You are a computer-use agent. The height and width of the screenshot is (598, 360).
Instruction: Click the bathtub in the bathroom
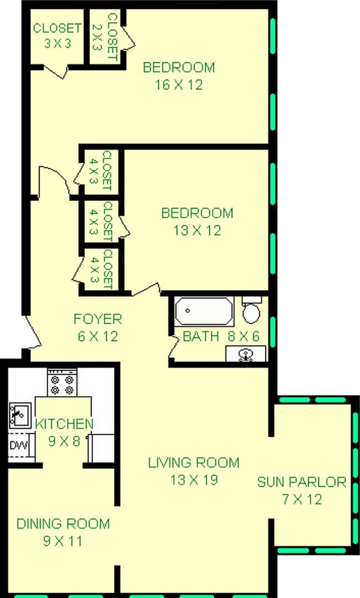tap(203, 311)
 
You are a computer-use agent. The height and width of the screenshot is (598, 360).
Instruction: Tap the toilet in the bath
tap(251, 310)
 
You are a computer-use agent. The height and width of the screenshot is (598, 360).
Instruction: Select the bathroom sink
tap(247, 354)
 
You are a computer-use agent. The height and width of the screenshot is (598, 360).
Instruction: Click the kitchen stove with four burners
tap(61, 385)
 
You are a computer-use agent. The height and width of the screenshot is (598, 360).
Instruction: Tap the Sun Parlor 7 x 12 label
tap(302, 490)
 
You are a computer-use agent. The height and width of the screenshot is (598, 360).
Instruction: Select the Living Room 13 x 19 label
tap(193, 470)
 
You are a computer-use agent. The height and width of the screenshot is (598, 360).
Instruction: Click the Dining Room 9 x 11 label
tap(63, 532)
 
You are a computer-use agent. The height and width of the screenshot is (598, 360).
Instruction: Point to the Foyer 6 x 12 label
tap(97, 327)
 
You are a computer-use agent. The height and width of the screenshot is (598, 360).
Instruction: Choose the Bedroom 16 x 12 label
tap(179, 76)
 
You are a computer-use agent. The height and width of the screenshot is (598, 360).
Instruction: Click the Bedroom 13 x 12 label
tap(197, 221)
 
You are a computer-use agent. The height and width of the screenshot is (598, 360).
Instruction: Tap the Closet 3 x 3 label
tap(57, 36)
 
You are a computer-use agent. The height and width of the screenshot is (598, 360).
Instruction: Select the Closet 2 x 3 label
tap(104, 32)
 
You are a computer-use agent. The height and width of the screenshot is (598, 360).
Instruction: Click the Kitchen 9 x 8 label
tap(64, 431)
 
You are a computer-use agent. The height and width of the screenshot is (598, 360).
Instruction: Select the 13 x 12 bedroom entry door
tap(145, 290)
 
